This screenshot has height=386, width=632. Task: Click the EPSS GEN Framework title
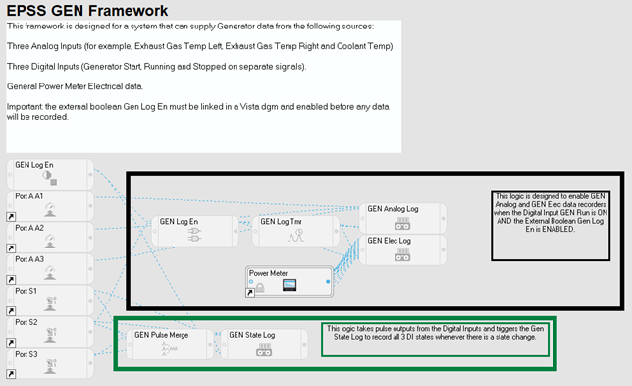point(87,11)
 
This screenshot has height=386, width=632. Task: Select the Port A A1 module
point(50,205)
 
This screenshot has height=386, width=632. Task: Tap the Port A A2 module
point(50,237)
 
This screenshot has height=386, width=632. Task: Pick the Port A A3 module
point(50,268)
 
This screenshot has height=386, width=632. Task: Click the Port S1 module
point(50,301)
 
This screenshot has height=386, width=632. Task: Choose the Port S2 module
point(50,332)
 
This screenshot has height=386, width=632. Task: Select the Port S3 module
point(50,363)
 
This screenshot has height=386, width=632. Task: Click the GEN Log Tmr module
point(295,231)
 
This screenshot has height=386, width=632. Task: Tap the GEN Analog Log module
point(402,218)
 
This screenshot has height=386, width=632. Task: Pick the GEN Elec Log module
point(402,249)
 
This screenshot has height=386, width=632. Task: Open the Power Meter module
point(290,282)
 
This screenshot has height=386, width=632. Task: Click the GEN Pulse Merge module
point(170,344)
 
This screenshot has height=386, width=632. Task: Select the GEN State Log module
point(264,344)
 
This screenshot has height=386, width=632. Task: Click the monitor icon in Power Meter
point(290,285)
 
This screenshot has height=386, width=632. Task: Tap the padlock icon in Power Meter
point(260,287)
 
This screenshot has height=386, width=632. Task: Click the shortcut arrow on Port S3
point(11,374)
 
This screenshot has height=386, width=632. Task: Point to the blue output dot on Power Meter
point(328,281)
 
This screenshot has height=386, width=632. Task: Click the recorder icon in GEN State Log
point(264,350)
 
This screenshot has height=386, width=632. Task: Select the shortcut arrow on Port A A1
point(11,217)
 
